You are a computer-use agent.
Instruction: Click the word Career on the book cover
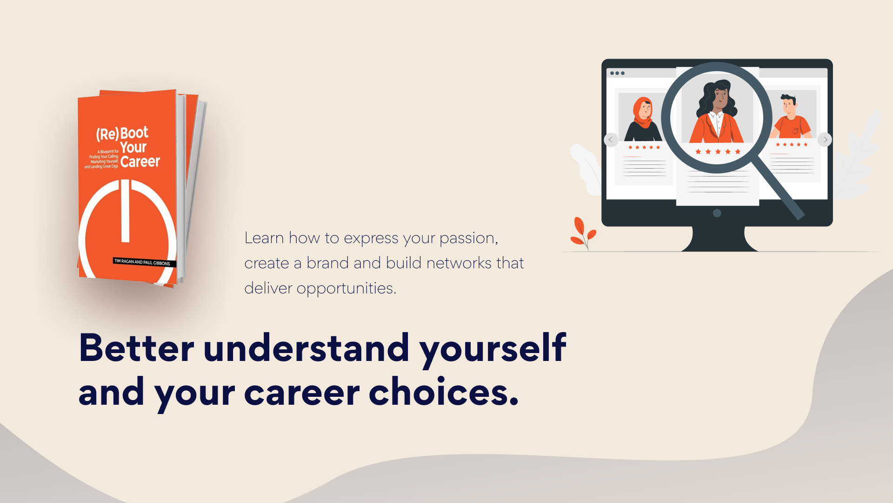(x=140, y=162)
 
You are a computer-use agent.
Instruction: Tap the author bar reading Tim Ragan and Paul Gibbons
(x=144, y=262)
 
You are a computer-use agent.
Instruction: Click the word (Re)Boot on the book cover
(x=122, y=134)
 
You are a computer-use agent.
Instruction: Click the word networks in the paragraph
(x=459, y=263)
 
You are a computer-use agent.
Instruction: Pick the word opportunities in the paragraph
(x=347, y=289)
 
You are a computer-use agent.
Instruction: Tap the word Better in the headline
(x=136, y=348)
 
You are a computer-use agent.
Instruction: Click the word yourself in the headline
(x=493, y=349)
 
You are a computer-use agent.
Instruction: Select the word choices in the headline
(x=443, y=391)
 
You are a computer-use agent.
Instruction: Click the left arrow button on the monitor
(x=611, y=140)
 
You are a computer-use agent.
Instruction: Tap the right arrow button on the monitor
(x=825, y=140)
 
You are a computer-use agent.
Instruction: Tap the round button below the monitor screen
(x=717, y=213)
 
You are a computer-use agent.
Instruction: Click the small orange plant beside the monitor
(x=583, y=233)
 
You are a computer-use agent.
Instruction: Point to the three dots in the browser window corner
(x=617, y=73)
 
